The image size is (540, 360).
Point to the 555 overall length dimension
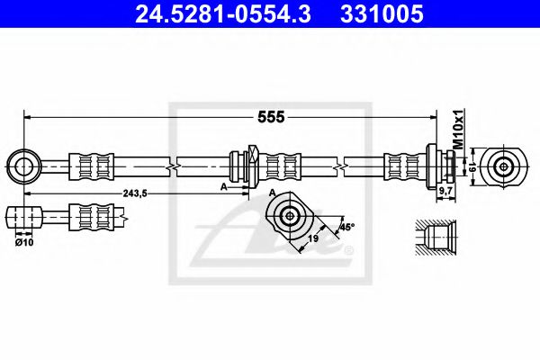[272, 117]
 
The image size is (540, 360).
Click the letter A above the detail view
[272, 193]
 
